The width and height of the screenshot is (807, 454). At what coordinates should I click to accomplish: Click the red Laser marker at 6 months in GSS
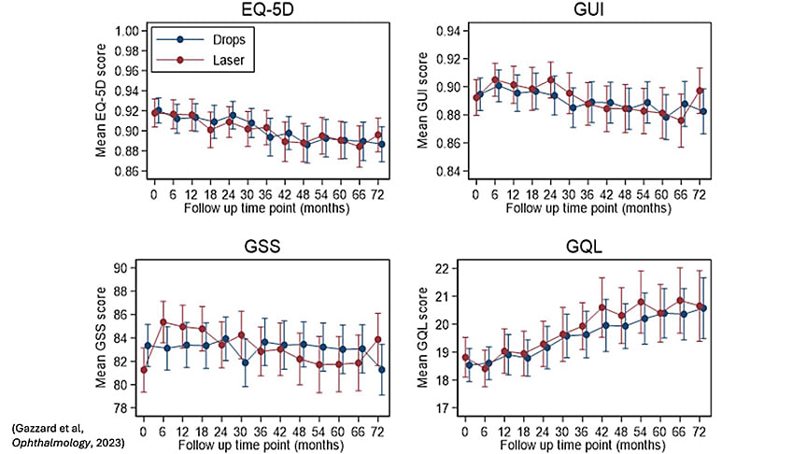164,322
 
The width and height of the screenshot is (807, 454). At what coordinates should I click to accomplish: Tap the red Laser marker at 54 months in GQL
641,302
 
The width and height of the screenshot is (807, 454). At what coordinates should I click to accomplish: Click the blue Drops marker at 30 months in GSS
245,362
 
